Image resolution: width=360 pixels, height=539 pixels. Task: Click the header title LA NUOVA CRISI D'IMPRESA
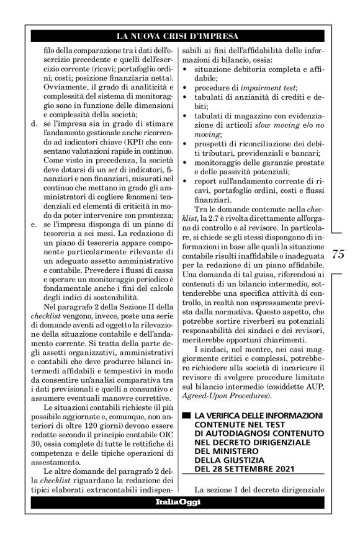point(179,35)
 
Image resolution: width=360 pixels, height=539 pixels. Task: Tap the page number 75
point(338,254)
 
